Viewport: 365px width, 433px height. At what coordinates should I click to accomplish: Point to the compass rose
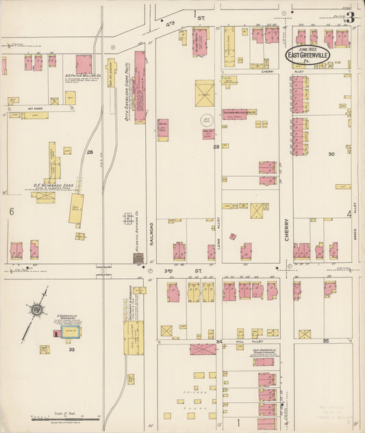pyautogui.click(x=35, y=310)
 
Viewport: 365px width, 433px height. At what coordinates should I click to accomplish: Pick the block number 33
pyautogui.click(x=71, y=349)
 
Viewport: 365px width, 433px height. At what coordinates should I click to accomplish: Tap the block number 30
pyautogui.click(x=331, y=155)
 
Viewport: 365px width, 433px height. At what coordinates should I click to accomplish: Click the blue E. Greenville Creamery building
pyautogui.click(x=68, y=332)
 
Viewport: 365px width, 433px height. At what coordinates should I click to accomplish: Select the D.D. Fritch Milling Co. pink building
pyautogui.click(x=84, y=64)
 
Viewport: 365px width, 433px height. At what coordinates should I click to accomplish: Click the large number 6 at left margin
pyautogui.click(x=11, y=212)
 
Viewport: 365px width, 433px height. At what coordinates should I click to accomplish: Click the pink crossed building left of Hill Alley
pyautogui.click(x=203, y=349)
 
